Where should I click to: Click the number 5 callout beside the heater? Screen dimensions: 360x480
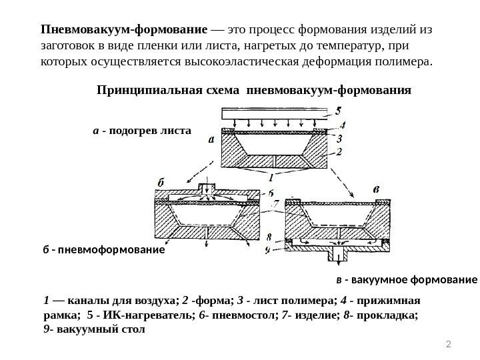(339, 110)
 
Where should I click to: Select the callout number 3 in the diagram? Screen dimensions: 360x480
(339, 139)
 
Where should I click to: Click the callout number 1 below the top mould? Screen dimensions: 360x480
(271, 179)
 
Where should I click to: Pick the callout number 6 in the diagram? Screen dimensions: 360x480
(267, 191)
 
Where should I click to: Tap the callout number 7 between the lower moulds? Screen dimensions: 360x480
(267, 203)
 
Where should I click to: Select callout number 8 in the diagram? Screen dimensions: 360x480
(269, 237)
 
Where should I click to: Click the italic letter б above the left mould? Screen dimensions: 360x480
(161, 181)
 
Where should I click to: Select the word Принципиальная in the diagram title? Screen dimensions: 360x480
(137, 89)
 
